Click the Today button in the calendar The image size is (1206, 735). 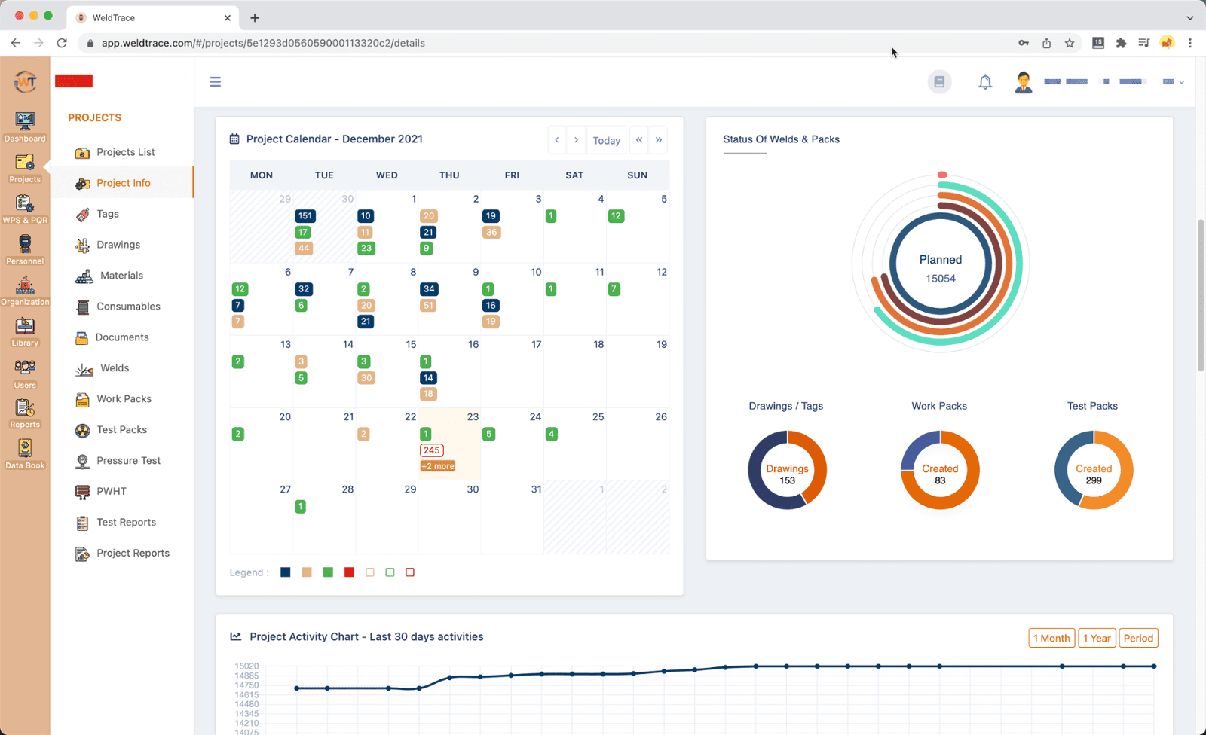[x=606, y=140]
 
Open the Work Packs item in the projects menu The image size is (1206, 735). [x=124, y=398]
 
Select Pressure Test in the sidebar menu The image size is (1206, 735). [x=128, y=460]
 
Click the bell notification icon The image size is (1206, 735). [x=984, y=82]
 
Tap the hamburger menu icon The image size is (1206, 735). [x=216, y=81]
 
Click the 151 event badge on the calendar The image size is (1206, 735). [x=305, y=216]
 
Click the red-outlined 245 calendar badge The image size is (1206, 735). [x=431, y=450]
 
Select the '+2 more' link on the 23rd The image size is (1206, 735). [x=437, y=466]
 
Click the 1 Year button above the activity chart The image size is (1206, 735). [x=1097, y=638]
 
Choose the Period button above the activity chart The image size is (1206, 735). [x=1138, y=638]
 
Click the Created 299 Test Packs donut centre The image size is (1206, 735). [x=1093, y=474]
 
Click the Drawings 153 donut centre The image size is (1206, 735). [x=787, y=474]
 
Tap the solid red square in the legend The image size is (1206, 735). [x=349, y=572]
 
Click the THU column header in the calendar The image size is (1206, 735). [x=449, y=175]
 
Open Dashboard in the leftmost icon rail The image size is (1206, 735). [x=25, y=127]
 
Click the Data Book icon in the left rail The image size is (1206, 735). [x=25, y=454]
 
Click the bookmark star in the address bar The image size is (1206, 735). [x=1069, y=43]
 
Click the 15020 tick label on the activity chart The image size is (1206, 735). [x=246, y=666]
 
